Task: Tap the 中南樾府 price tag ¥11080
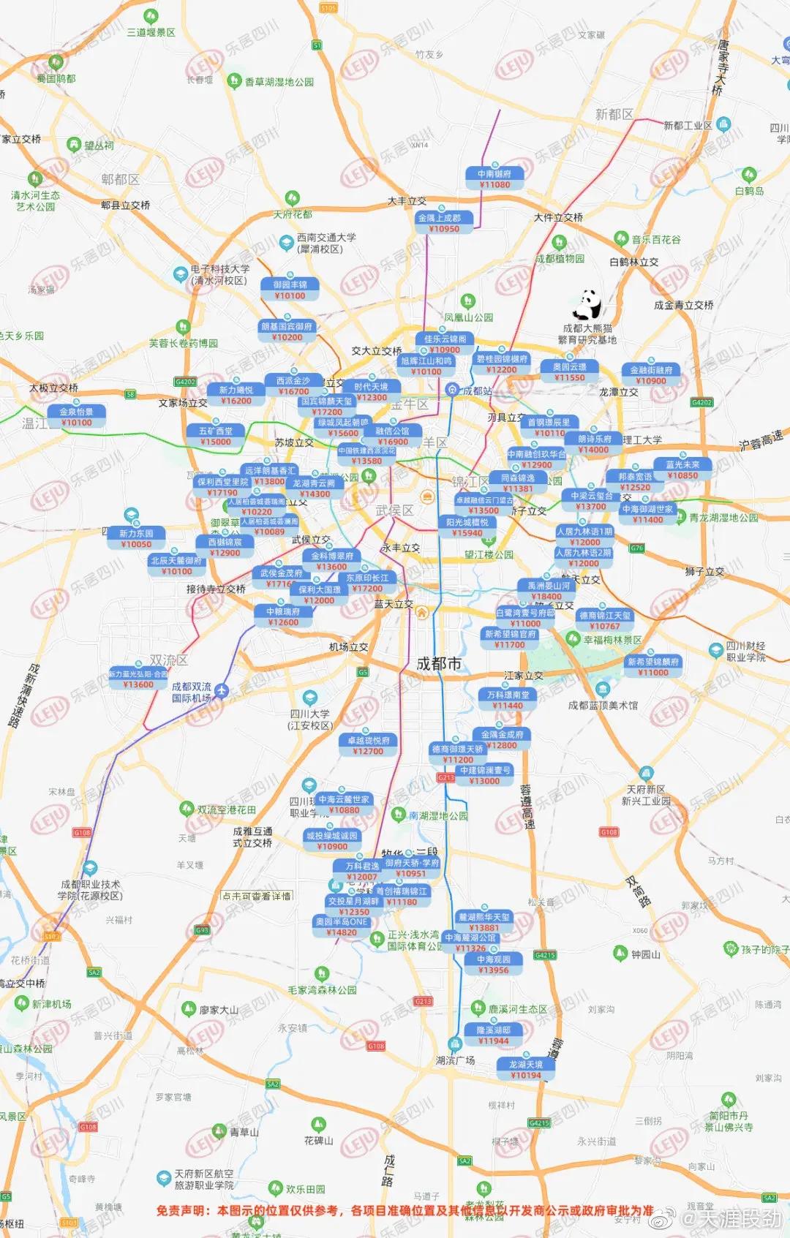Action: tap(495, 185)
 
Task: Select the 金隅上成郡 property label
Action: tap(440, 218)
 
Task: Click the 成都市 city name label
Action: tap(439, 663)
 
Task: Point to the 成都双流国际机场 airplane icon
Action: tap(221, 690)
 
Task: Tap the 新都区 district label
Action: tap(614, 114)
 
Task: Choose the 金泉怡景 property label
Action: tap(77, 412)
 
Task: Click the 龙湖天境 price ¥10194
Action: tap(526, 1075)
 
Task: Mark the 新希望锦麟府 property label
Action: tap(653, 662)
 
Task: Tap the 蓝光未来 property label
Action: tap(682, 464)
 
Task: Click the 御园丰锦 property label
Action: tap(290, 284)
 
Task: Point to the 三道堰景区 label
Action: tap(151, 32)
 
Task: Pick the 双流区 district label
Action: tap(169, 660)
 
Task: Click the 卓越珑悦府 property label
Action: tap(368, 741)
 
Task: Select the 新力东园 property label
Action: tap(136, 534)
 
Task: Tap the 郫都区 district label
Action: tap(120, 179)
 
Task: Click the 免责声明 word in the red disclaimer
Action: tap(183, 1210)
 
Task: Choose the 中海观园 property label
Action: tap(494, 959)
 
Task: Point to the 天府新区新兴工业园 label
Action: tap(646, 795)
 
